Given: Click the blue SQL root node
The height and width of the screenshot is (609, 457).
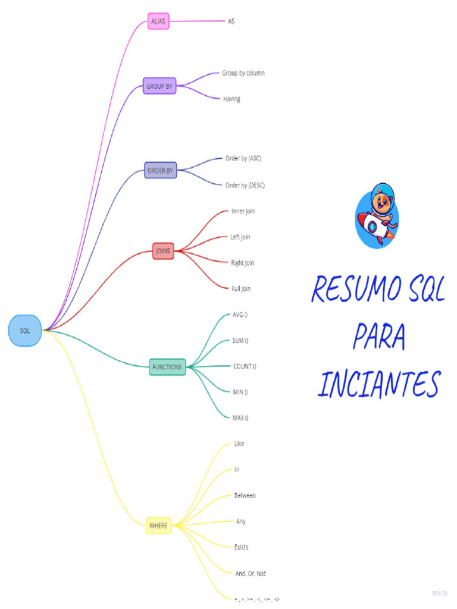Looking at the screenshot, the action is (25, 331).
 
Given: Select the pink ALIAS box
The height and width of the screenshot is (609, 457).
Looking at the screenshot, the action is (158, 21).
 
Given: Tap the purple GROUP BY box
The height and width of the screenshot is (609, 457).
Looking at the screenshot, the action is (159, 86).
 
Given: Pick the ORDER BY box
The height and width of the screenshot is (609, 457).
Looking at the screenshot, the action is (161, 171).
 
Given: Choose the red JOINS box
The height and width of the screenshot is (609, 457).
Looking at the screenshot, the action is (163, 251).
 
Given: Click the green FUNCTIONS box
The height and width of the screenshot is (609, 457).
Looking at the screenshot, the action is (167, 367).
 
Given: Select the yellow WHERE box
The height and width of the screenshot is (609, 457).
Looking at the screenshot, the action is (159, 526).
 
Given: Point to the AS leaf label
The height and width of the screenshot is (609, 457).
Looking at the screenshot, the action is (231, 21).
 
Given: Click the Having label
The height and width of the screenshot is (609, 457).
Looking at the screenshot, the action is (231, 99).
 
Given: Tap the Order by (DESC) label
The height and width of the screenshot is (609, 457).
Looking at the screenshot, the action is (245, 185).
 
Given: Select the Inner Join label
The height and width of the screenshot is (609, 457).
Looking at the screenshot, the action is (243, 211).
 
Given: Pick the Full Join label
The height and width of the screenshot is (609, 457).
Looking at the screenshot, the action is (241, 288).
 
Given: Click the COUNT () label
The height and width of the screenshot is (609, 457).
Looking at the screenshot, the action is (245, 366).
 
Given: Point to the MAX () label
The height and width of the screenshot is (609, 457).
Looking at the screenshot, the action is (240, 417).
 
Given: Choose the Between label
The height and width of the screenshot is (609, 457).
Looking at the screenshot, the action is (245, 495).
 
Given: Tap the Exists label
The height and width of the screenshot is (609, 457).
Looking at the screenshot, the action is (241, 547).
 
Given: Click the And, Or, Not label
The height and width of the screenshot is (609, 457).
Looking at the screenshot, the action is (251, 573).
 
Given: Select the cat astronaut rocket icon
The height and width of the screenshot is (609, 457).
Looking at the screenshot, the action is (377, 216).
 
